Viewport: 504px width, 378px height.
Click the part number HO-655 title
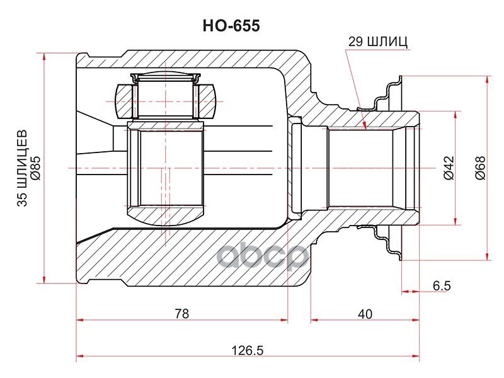tap(231, 26)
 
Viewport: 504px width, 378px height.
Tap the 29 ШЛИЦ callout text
tap(378, 42)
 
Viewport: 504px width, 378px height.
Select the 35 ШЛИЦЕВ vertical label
tap(23, 168)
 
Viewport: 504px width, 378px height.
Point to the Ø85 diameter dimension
tap(35, 168)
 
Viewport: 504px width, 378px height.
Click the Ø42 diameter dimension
tap(449, 168)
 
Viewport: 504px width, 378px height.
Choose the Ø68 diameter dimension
tap(480, 168)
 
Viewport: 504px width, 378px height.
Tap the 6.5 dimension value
tap(442, 285)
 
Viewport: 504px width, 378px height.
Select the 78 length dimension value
tap(182, 313)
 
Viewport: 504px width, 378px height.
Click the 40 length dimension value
tap(365, 314)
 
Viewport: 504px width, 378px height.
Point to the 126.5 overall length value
tap(248, 350)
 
